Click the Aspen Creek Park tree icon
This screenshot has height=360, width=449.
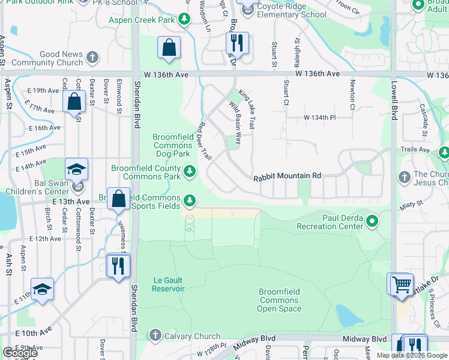pyautogui.click(x=185, y=20)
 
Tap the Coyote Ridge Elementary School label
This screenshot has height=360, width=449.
pyautogui.click(x=283, y=14)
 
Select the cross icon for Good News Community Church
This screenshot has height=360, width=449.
pyautogui.click(x=91, y=58)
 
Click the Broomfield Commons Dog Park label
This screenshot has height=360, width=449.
pyautogui.click(x=172, y=145)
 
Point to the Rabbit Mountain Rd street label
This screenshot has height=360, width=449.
pyautogui.click(x=287, y=176)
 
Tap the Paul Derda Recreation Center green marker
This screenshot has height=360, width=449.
pyautogui.click(x=372, y=222)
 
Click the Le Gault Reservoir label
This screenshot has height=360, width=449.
pyautogui.click(x=160, y=284)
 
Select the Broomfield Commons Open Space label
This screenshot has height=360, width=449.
pyautogui.click(x=279, y=300)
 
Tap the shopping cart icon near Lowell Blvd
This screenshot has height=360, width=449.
pyautogui.click(x=401, y=284)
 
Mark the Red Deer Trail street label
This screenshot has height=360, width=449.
pyautogui.click(x=204, y=141)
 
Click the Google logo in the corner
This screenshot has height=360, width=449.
pyautogui.click(x=19, y=353)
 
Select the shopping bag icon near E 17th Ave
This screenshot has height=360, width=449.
pyautogui.click(x=74, y=103)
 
